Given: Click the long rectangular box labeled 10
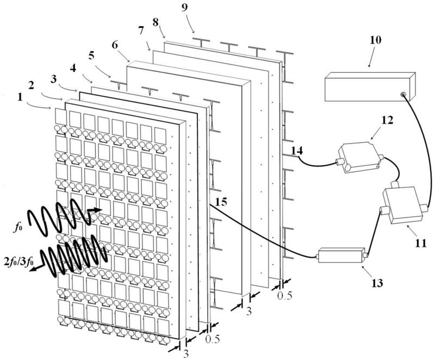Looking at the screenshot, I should tap(369, 86).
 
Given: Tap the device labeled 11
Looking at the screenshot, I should tap(403, 204).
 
